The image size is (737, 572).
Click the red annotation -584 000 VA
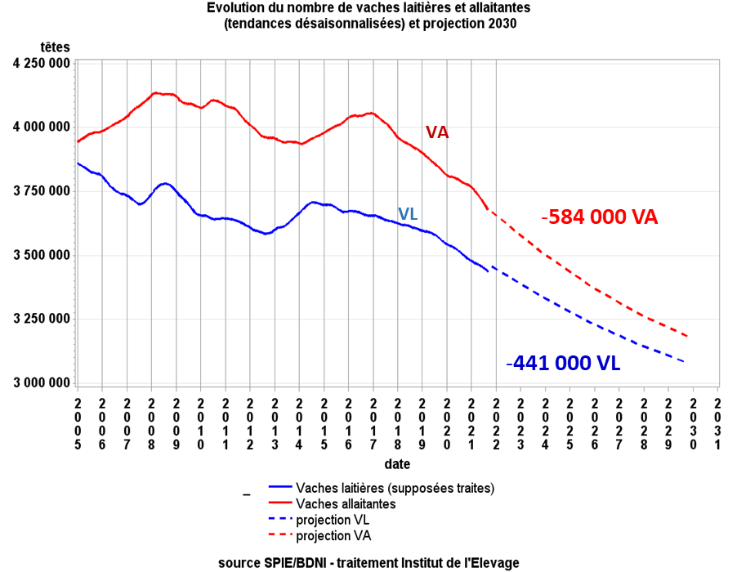tap(600, 217)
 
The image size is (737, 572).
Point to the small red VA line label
tap(437, 132)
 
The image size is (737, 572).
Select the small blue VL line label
tap(408, 214)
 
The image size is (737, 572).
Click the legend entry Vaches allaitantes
tap(346, 504)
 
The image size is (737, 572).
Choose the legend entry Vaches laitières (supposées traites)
tap(395, 489)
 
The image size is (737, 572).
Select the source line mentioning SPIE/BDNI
tap(368, 563)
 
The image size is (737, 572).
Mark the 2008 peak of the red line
tap(155, 93)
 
